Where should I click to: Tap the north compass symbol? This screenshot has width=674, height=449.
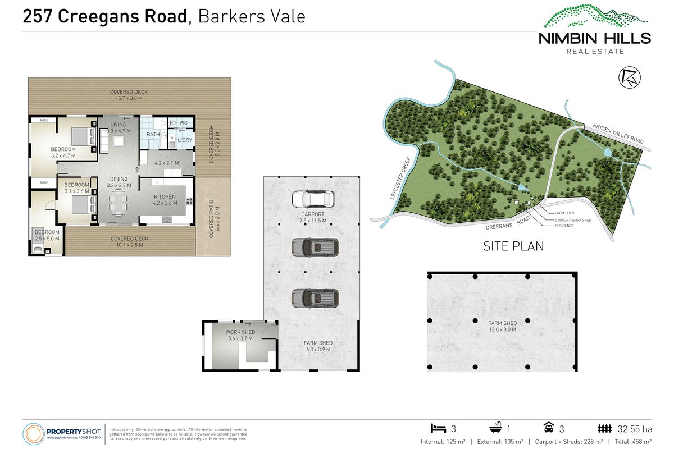click(x=627, y=77)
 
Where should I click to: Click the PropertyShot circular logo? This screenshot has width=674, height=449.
click(x=33, y=434)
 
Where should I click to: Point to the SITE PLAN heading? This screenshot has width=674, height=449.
click(x=513, y=246)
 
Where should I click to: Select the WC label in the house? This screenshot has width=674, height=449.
click(x=183, y=122)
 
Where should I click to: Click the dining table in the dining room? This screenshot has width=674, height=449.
click(x=118, y=203)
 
